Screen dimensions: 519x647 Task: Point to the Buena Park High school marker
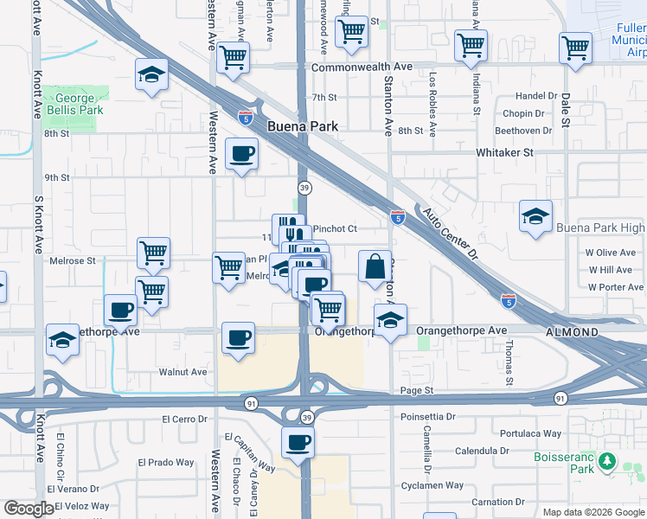[x=535, y=216]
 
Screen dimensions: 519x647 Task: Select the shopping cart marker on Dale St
[x=575, y=48]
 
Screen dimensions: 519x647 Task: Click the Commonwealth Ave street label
[x=362, y=67]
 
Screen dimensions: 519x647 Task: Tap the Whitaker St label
[x=505, y=152]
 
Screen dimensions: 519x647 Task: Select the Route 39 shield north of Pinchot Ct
[x=304, y=188]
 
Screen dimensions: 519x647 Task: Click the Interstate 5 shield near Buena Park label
[x=247, y=113]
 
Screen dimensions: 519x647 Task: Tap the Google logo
[x=29, y=509]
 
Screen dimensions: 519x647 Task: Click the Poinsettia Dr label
[x=427, y=416]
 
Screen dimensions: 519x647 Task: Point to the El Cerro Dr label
[x=187, y=419]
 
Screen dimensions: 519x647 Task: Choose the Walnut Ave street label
[x=183, y=372]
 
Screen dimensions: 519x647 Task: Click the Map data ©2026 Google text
[x=593, y=512]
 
